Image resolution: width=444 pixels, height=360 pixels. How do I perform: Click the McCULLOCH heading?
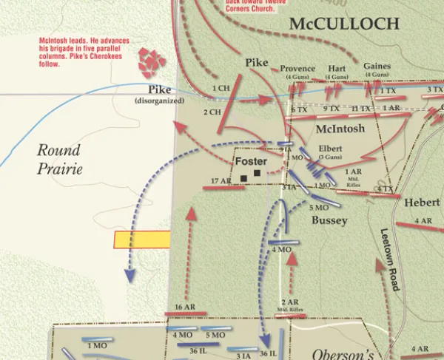[x=344, y=24]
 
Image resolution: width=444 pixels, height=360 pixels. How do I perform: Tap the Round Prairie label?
[x=59, y=159]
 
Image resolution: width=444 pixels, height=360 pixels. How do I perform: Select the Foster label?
[x=251, y=161]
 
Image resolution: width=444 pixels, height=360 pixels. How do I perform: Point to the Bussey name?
[x=329, y=220]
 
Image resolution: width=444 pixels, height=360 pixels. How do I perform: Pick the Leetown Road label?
[x=391, y=259]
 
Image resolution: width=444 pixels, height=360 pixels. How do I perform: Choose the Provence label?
[x=297, y=68]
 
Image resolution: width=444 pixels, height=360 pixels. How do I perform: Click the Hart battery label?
[x=337, y=68]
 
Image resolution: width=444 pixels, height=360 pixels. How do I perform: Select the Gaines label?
[x=377, y=67]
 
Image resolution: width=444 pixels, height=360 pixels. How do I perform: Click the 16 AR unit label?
[x=185, y=307]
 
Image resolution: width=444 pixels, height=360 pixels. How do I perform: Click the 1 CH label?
[x=221, y=89]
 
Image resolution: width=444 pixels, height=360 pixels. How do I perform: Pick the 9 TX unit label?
[x=331, y=109]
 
